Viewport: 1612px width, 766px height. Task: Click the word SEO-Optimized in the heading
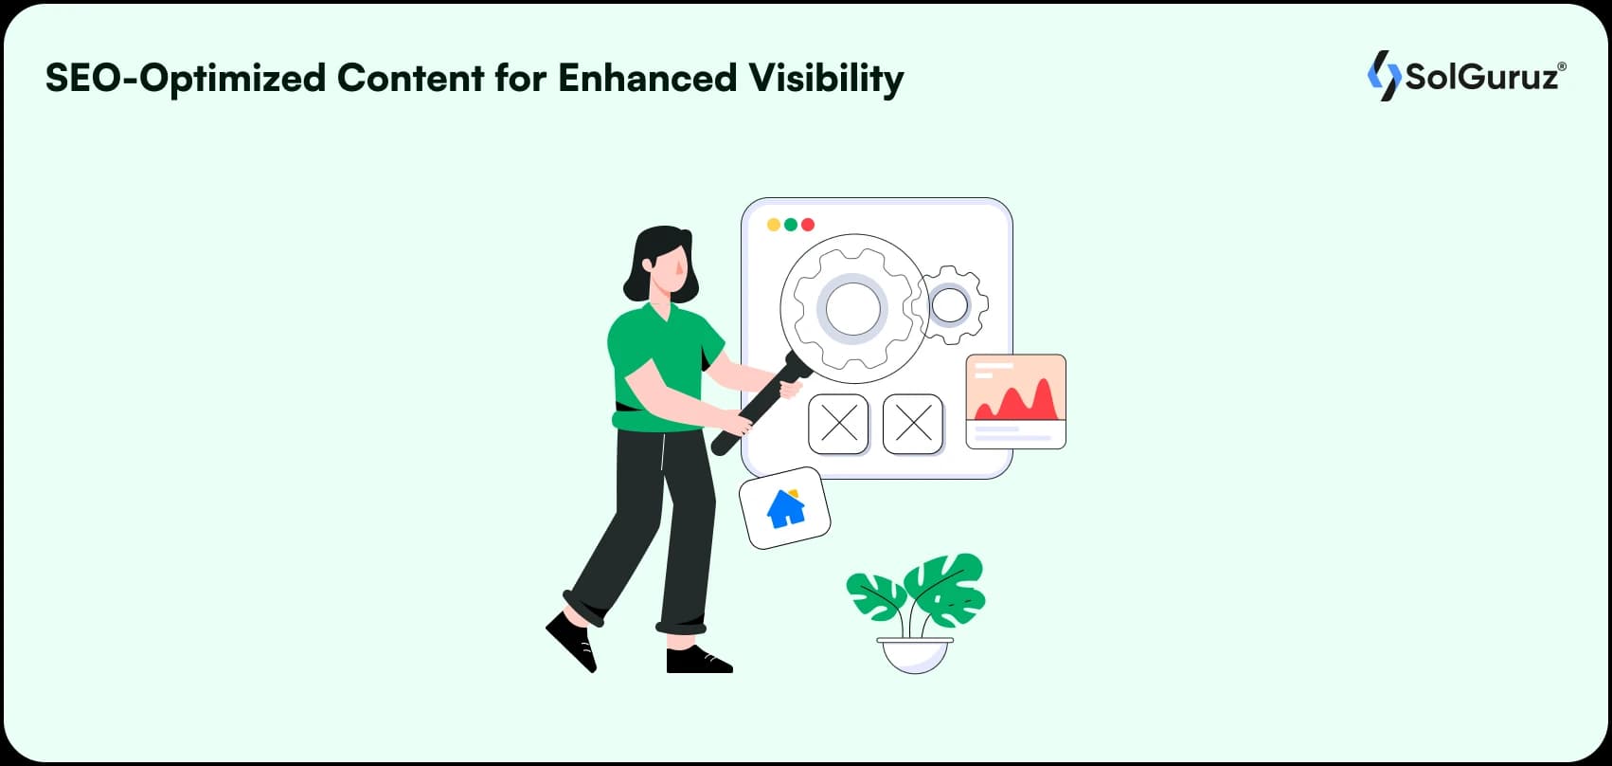point(186,79)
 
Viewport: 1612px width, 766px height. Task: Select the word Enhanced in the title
point(647,77)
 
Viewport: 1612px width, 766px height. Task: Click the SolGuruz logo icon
point(1384,76)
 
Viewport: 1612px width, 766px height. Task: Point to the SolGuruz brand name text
point(1485,77)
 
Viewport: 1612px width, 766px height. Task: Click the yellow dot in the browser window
point(774,225)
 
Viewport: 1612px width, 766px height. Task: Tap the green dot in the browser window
point(791,225)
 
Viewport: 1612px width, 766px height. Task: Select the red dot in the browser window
point(808,225)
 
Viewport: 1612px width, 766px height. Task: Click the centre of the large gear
point(852,308)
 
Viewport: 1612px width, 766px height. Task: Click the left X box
point(838,424)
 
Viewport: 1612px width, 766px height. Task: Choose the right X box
point(913,424)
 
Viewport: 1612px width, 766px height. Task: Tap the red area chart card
point(1015,401)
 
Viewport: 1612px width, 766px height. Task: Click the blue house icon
point(786,509)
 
